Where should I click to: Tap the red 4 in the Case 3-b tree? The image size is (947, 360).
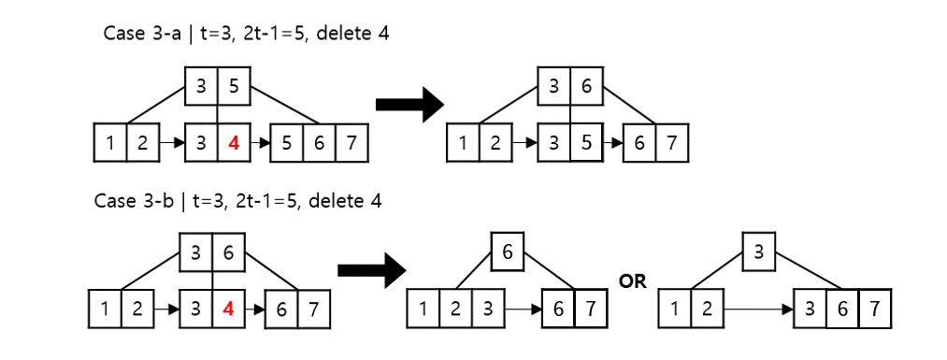point(230,309)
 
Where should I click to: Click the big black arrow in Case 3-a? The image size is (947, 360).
point(408,105)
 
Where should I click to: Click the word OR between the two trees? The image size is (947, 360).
point(633,281)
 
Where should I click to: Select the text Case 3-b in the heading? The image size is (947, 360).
point(129,201)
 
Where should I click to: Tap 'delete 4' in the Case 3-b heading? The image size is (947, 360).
point(347,201)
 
